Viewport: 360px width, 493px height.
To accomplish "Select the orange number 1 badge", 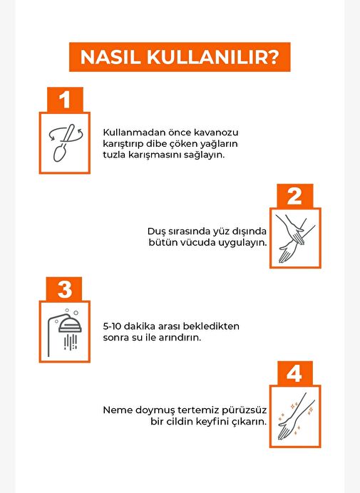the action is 65,100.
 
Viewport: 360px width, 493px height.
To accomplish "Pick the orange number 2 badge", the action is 295,196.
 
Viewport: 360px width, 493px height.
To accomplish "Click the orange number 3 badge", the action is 64,289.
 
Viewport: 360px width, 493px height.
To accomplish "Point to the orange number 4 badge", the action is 295,373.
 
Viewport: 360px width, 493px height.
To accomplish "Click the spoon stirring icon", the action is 65,143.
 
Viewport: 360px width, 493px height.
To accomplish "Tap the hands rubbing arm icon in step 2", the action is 295,239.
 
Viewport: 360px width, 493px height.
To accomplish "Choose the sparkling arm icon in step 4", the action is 295,416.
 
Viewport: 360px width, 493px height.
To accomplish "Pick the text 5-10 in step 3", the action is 112,326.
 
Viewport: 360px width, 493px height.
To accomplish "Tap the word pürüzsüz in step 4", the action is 244,410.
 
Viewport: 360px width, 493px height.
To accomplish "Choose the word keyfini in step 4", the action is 213,422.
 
